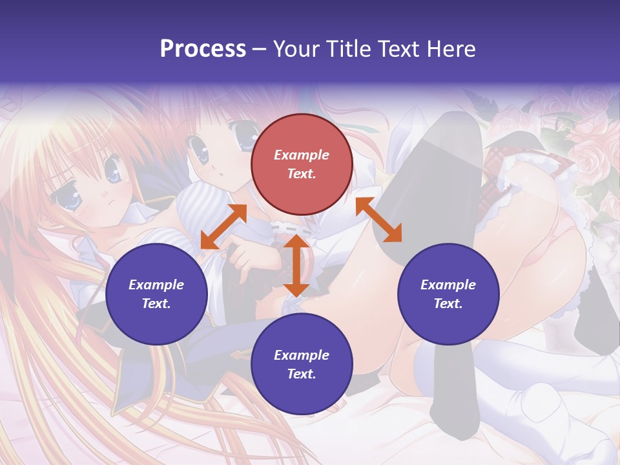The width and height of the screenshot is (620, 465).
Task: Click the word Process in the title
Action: [x=203, y=49]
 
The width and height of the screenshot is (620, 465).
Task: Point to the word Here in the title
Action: [x=451, y=49]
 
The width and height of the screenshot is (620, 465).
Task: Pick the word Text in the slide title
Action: [x=401, y=49]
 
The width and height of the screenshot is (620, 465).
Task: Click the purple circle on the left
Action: [x=156, y=294]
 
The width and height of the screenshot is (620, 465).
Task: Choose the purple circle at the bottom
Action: [x=302, y=364]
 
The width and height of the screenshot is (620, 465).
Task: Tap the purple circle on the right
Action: [x=448, y=294]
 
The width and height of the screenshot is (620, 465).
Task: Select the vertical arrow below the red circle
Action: [x=296, y=265]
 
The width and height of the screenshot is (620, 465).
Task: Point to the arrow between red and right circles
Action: [x=378, y=220]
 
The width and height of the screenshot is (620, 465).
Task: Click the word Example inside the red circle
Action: [x=302, y=155]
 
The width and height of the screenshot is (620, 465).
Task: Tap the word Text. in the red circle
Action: [x=302, y=174]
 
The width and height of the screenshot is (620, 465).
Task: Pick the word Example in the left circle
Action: [x=156, y=285]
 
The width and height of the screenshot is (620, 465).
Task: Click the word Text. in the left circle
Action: [x=156, y=304]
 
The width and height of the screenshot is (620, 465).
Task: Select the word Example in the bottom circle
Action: [x=302, y=355]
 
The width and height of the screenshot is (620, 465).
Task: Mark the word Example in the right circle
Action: [x=448, y=285]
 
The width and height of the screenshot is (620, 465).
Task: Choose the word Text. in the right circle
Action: [x=448, y=304]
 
